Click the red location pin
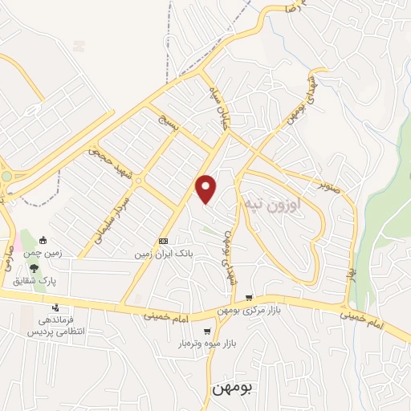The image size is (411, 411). [207, 188]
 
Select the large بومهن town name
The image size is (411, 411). [234, 389]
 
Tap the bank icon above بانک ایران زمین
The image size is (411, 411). [163, 241]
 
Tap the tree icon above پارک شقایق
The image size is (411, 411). [33, 269]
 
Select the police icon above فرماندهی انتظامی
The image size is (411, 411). [55, 307]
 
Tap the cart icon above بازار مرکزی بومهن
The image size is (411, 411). [249, 298]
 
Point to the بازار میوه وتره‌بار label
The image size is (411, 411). [208, 344]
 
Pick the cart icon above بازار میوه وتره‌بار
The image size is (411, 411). [208, 331]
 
